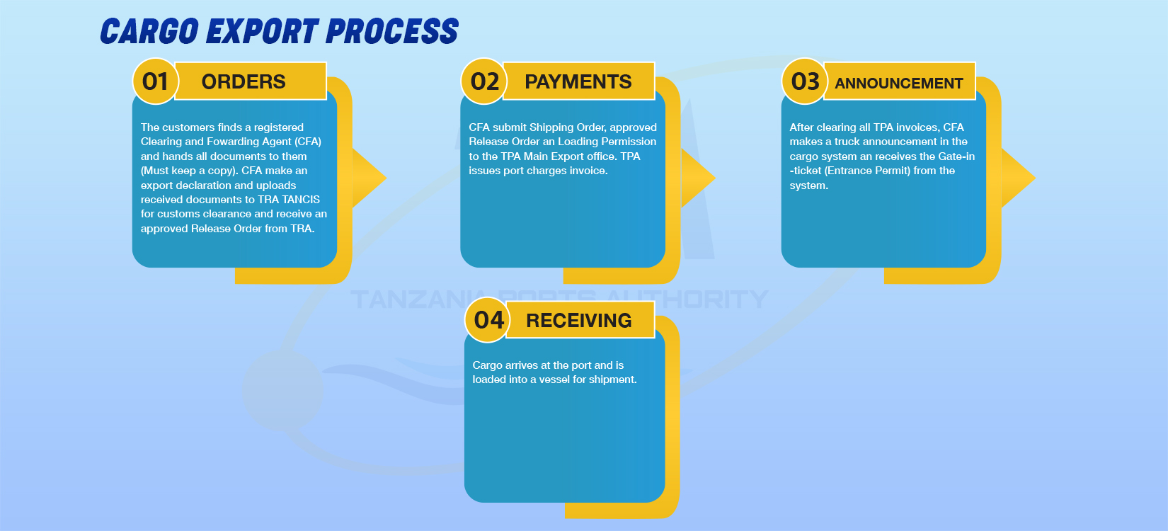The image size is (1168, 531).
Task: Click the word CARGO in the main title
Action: (149, 30)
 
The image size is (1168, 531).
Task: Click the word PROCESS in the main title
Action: (392, 30)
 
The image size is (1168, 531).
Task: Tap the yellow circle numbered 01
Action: (156, 81)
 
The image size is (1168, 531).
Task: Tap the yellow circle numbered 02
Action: (484, 81)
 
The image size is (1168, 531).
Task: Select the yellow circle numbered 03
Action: (805, 81)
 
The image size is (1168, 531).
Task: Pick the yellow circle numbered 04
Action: (488, 320)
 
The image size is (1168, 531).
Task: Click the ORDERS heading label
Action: (244, 82)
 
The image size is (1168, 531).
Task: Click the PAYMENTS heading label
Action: (578, 82)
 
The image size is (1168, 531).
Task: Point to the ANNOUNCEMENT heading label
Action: (898, 83)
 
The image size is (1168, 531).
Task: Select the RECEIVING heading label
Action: (579, 320)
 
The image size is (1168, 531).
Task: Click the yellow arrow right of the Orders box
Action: (370, 178)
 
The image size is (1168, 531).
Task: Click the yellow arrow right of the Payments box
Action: (698, 178)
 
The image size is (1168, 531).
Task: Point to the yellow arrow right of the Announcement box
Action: (1019, 178)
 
